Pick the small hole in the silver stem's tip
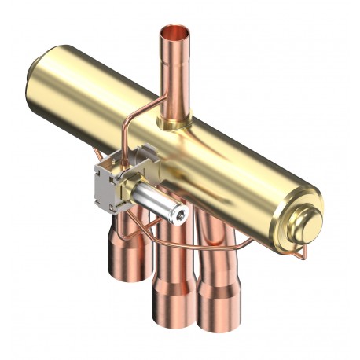tap(179, 212)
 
